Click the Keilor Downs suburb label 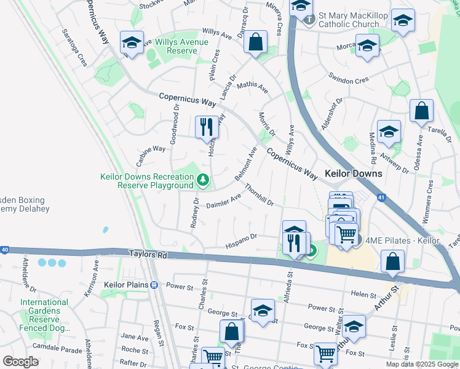(353, 173)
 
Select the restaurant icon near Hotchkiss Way (205, 127)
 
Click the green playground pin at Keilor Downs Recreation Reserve (202, 180)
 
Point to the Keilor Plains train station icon (154, 285)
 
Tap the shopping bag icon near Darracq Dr (255, 42)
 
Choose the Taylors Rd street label (148, 254)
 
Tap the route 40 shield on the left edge (5, 250)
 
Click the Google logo (20, 362)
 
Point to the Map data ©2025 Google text (422, 364)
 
